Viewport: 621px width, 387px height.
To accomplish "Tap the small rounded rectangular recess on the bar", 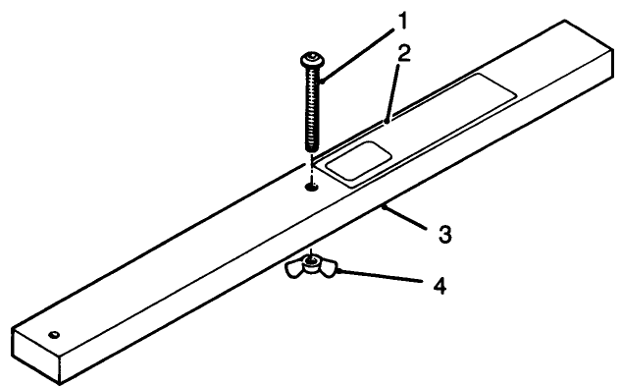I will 358,158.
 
